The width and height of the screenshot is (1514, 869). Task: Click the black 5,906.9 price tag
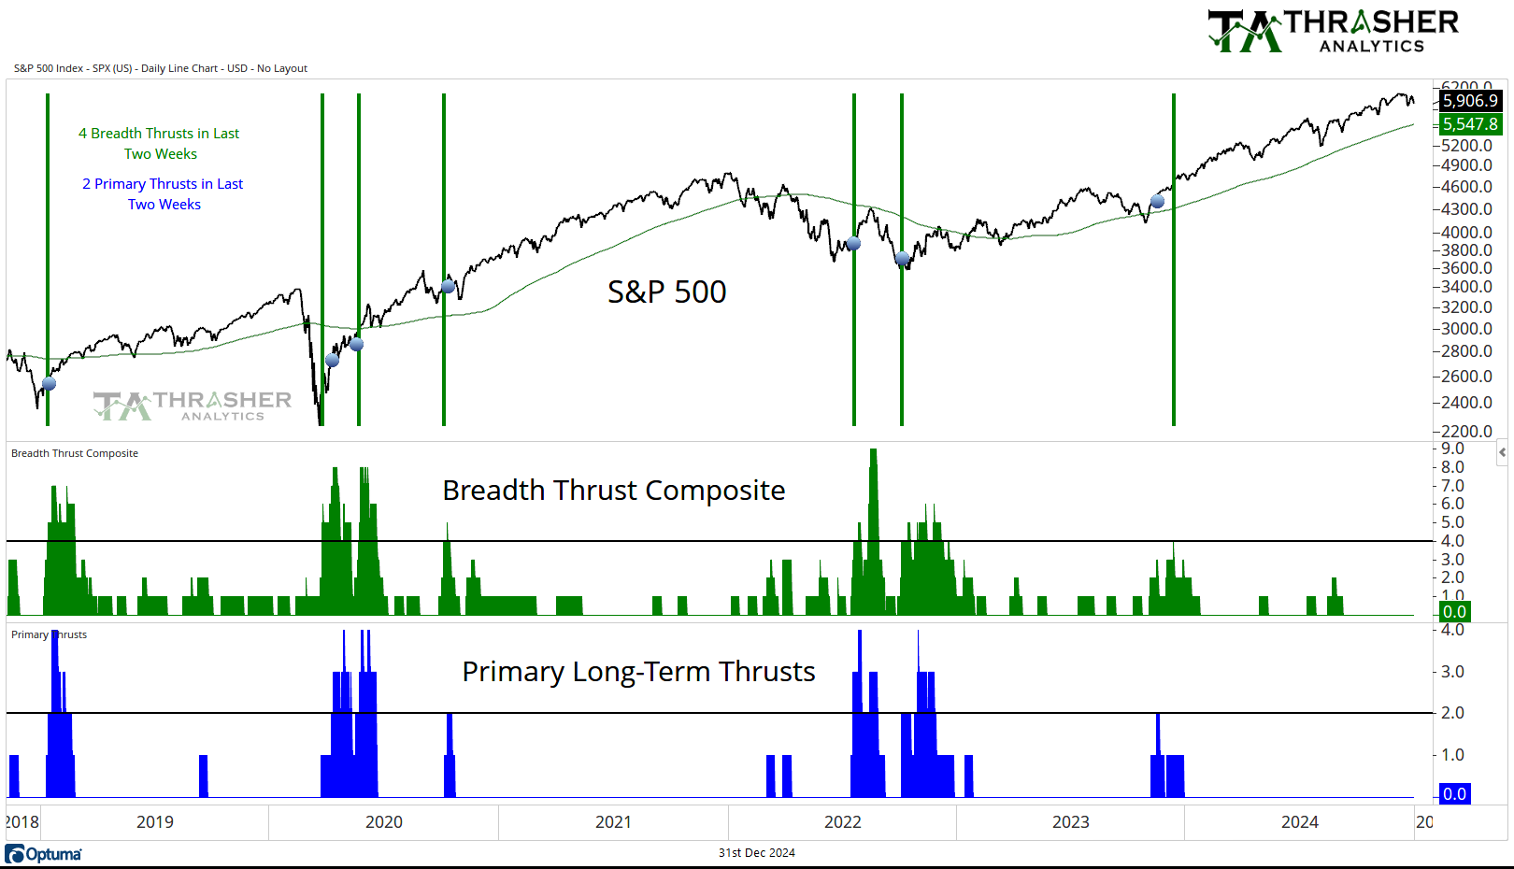[1470, 101]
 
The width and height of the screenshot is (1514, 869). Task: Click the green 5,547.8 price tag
[1470, 124]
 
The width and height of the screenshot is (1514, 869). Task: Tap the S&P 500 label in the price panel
[666, 292]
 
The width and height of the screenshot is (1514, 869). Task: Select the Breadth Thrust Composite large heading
[613, 491]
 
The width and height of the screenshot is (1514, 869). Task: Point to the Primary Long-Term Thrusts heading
[638, 672]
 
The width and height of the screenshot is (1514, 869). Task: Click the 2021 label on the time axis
[613, 822]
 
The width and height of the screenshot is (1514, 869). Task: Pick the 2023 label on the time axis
[1070, 822]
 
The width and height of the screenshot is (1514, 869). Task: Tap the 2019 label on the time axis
[155, 822]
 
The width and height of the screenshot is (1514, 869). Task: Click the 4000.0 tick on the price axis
[1466, 233]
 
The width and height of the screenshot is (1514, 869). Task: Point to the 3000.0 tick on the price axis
[1466, 329]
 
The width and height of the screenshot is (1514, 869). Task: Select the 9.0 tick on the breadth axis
[1452, 449]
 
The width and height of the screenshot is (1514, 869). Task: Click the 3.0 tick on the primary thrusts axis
[1452, 672]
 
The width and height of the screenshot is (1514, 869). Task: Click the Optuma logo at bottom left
[44, 854]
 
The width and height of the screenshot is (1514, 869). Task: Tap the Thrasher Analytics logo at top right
[1334, 31]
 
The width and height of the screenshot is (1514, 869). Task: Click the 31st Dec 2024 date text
[757, 853]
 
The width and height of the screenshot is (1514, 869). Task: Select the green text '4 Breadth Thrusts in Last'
[159, 134]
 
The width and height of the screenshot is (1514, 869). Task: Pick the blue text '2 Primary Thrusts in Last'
[163, 184]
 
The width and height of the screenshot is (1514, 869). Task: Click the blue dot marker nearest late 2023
[1158, 201]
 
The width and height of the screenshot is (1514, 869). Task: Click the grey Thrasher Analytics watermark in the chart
[193, 406]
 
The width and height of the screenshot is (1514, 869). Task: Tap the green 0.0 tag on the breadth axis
[1454, 613]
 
